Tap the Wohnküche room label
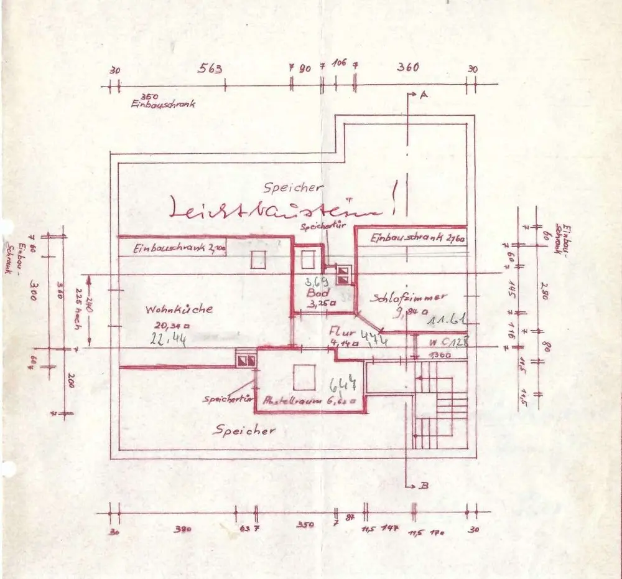[x=180, y=309]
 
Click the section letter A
[x=424, y=95]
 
